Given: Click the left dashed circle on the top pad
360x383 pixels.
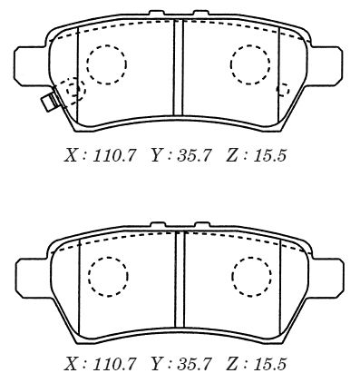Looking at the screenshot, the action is [87, 64].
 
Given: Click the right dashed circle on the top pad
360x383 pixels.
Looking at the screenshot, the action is [230, 64].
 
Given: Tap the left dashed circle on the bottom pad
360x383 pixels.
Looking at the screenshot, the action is [89, 276].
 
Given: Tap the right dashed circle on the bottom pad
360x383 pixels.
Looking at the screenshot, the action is [232, 276].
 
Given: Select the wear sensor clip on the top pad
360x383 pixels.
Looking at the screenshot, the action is [50, 102].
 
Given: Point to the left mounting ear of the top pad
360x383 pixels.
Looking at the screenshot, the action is [30, 64].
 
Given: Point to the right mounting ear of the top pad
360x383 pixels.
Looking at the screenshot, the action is [326, 64].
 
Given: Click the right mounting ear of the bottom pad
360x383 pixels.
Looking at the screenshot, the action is [328, 276].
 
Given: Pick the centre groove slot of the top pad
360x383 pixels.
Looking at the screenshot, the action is [179, 67].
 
